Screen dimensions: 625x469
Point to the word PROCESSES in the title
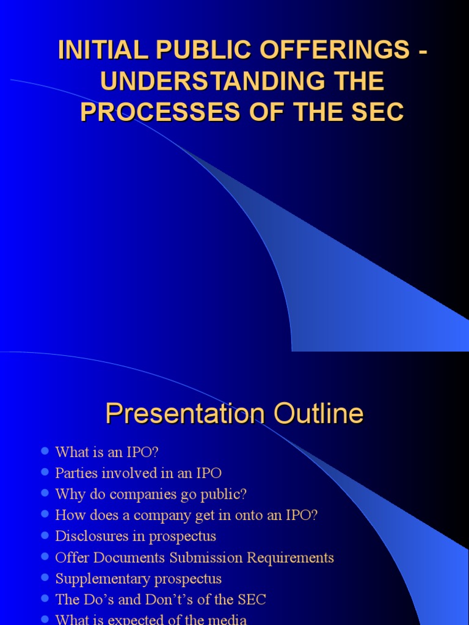[x=151, y=113]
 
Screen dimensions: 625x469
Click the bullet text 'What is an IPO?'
[x=107, y=452]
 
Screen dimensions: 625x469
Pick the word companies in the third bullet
[x=144, y=494]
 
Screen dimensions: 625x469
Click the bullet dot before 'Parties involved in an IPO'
[x=45, y=473]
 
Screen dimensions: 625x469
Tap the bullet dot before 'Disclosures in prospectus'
[x=45, y=536]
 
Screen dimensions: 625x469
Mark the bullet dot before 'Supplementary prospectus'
[x=45, y=578]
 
